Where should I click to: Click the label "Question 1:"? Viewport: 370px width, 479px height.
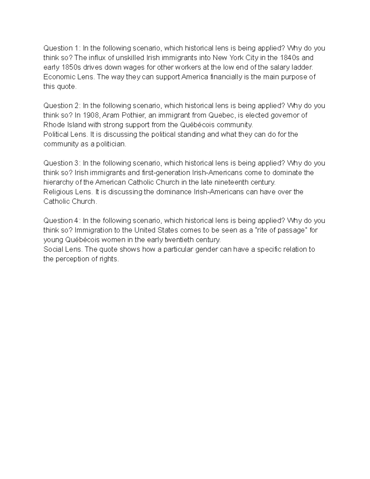(x=62, y=48)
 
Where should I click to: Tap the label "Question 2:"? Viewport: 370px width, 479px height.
(x=62, y=106)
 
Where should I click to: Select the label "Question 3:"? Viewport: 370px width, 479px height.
(x=62, y=163)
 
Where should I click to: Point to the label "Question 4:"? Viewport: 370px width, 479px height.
(x=62, y=221)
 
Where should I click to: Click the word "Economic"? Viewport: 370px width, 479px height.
(x=58, y=77)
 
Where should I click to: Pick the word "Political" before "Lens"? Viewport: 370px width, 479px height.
(x=56, y=134)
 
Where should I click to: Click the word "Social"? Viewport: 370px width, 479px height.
(x=52, y=249)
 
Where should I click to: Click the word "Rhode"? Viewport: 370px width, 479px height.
(x=53, y=125)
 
